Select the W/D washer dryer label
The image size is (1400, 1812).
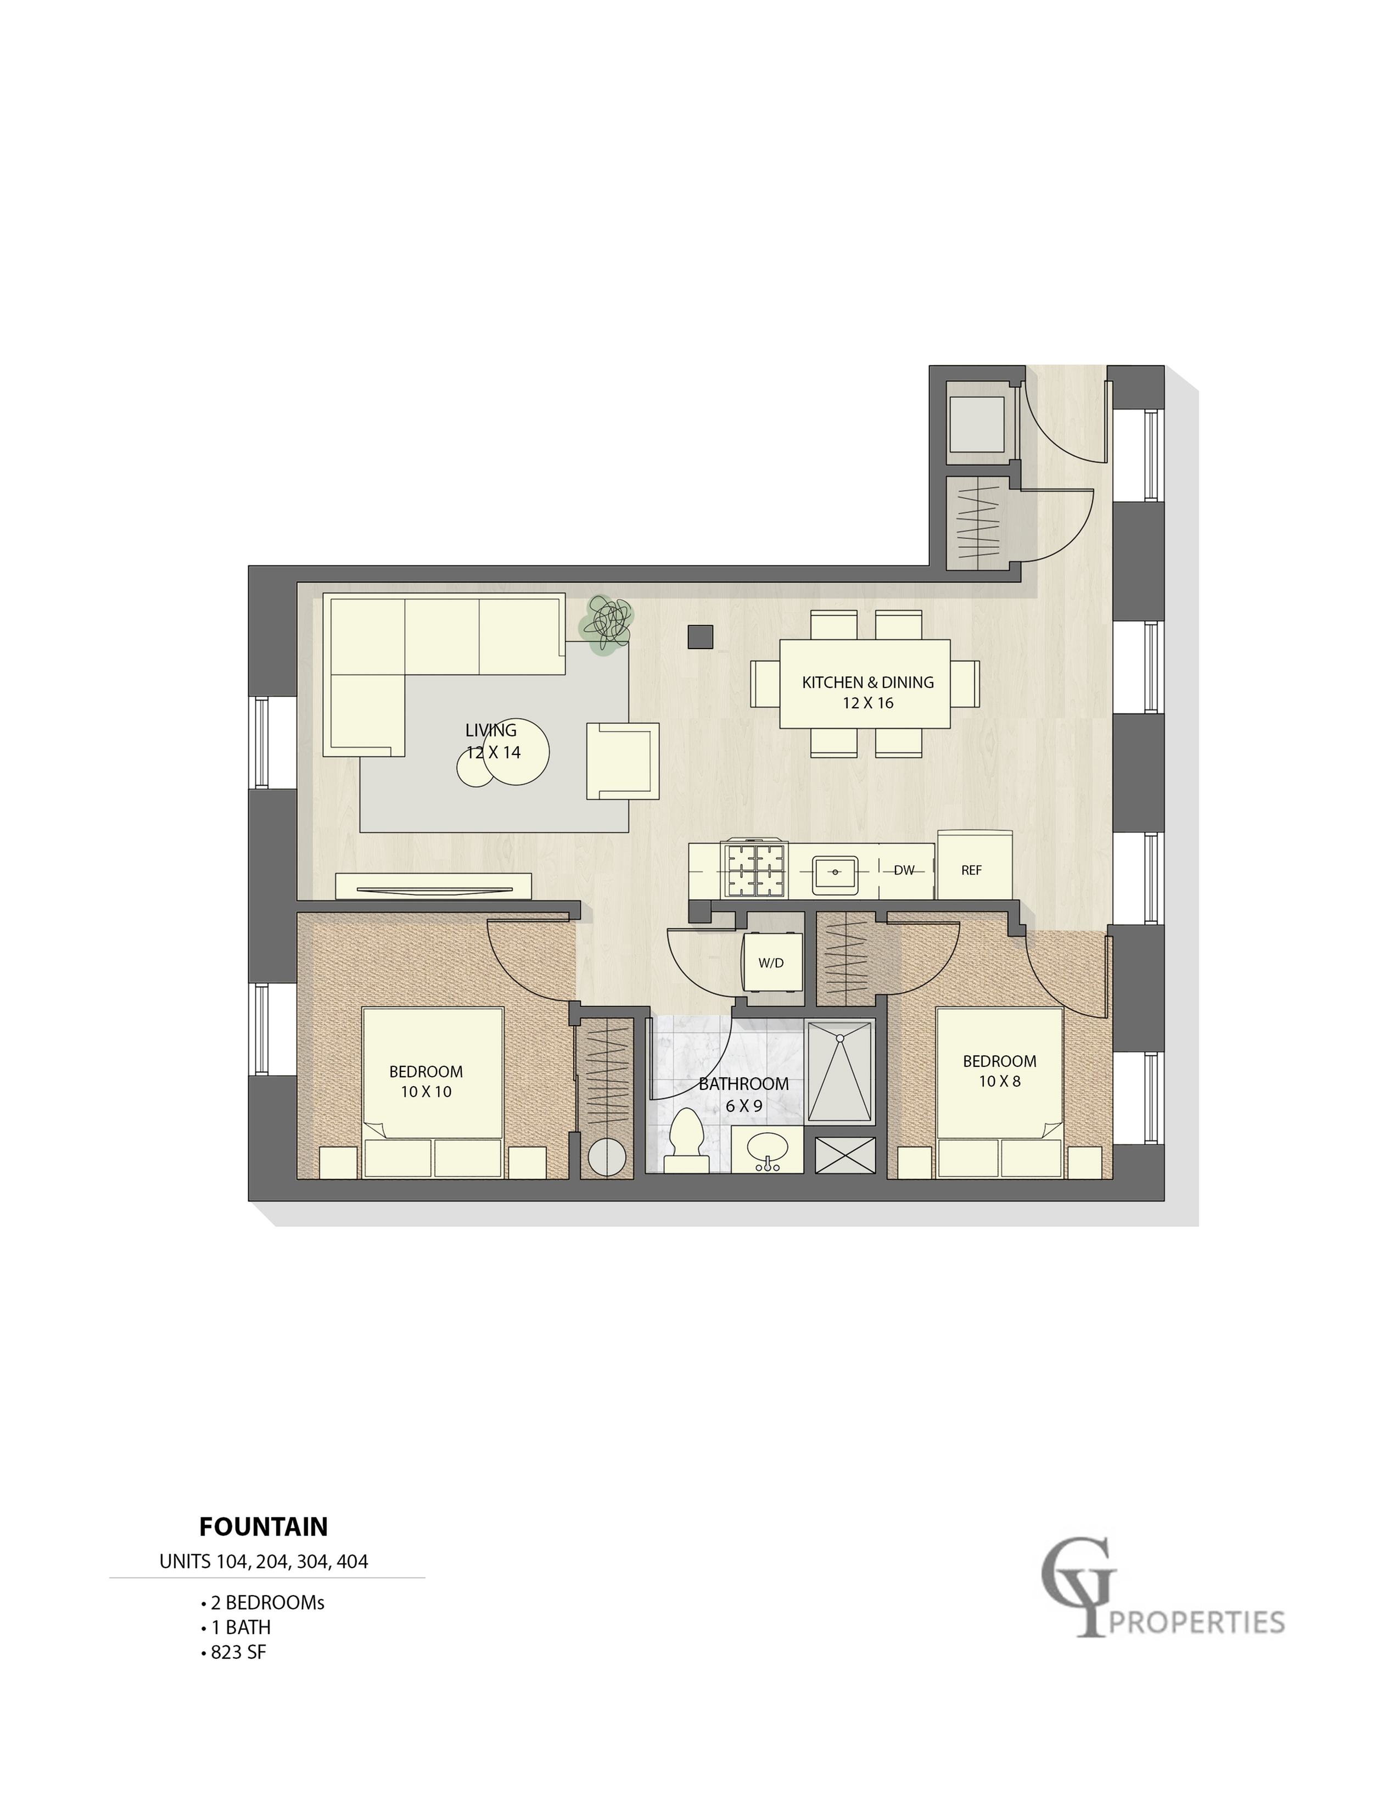770,963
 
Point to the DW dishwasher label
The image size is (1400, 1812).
904,870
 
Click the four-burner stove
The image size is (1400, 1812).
755,870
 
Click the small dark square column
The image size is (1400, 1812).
700,636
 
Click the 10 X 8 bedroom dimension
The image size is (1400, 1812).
999,1081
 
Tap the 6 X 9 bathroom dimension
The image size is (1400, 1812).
743,1106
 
